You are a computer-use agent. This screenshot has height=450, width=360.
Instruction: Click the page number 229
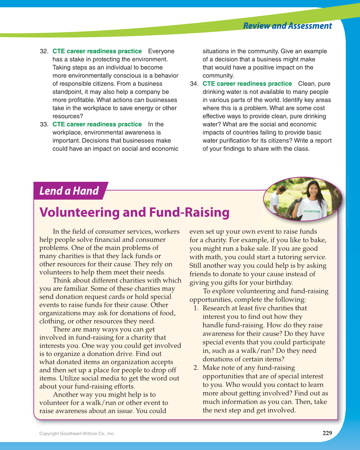[327, 433]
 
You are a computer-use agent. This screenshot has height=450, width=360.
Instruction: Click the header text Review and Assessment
[287, 26]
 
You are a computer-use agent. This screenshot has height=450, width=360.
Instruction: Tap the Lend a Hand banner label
[69, 191]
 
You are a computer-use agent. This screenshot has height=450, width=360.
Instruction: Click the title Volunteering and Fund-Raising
[134, 212]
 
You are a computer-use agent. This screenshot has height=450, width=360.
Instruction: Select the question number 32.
[44, 51]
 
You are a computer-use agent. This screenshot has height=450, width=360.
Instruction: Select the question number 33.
[44, 124]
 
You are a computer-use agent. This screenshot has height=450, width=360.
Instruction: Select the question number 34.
[194, 84]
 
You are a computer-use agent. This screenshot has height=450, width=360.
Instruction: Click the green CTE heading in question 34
[247, 84]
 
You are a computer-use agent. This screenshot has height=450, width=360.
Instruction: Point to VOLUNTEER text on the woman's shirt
[312, 211]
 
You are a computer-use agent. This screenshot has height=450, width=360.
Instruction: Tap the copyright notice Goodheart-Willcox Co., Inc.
[77, 433]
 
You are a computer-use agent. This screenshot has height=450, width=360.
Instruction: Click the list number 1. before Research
[196, 308]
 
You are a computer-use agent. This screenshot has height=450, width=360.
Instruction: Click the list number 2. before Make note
[196, 368]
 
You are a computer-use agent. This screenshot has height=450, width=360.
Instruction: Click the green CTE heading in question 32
[97, 51]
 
